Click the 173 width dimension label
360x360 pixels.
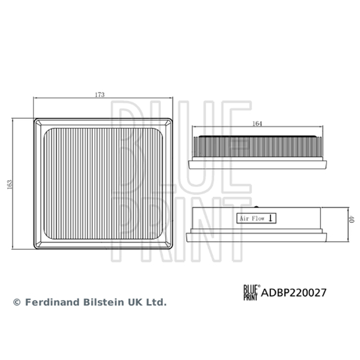[99, 94]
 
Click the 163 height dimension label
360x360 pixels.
[9, 184]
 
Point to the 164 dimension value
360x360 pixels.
[257, 123]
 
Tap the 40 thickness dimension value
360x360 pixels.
[351, 219]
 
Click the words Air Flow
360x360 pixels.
[252, 218]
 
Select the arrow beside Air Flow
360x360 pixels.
[270, 218]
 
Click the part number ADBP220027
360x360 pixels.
[294, 293]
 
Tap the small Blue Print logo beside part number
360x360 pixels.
[251, 292]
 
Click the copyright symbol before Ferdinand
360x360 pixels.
[17, 302]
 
